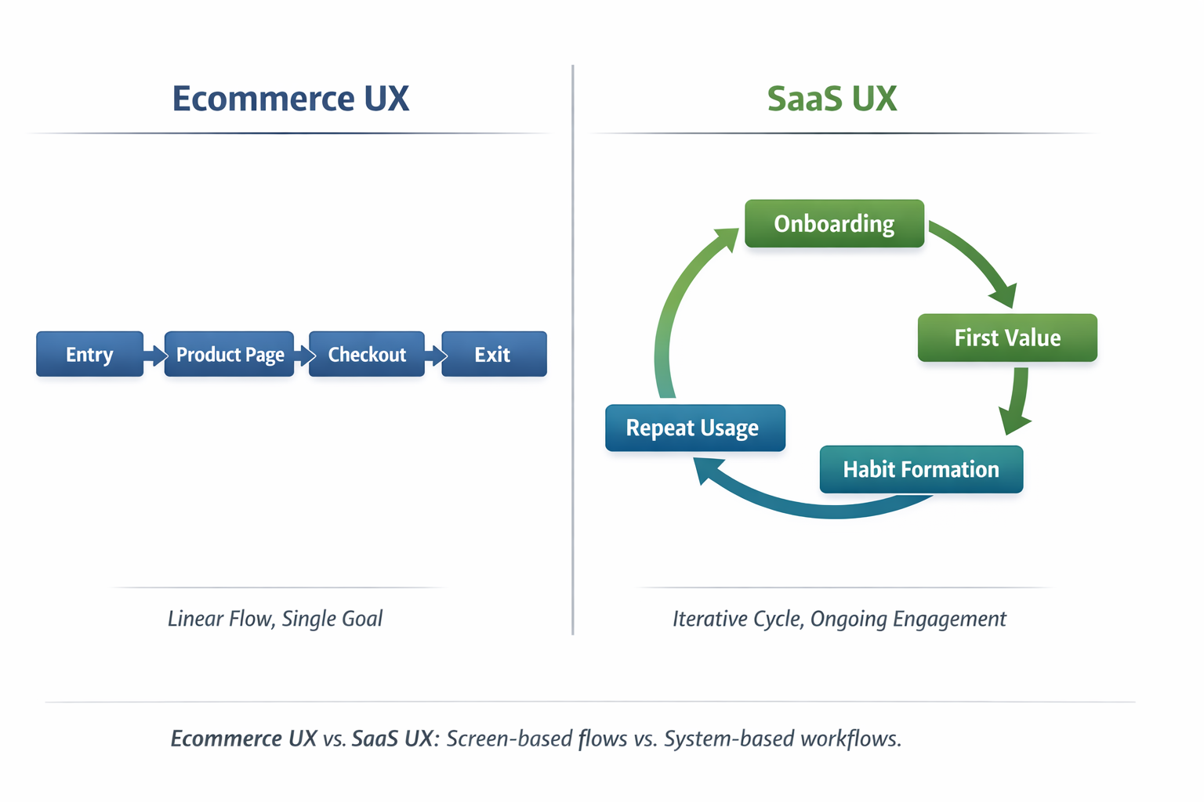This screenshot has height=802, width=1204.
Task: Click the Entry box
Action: coord(90,354)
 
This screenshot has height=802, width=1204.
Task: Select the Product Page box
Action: coord(229,354)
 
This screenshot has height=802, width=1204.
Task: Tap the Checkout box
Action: coord(367,354)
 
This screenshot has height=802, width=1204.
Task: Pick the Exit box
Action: coord(494,354)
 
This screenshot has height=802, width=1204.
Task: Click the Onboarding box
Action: coord(834,223)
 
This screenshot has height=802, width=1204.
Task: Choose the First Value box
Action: coord(1007,338)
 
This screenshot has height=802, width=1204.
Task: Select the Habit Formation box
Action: coord(921,469)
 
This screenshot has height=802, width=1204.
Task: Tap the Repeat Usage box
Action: coord(695,428)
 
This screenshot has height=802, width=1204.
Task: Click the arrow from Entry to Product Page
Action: coord(154,355)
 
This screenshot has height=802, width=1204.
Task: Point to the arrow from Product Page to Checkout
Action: coord(303,355)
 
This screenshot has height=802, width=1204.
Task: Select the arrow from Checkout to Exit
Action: coord(435,355)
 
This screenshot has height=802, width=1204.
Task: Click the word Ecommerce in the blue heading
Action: coord(263,99)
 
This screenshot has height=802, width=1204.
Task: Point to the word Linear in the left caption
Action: coord(194,619)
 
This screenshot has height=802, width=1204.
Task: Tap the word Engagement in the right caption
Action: coord(949,620)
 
